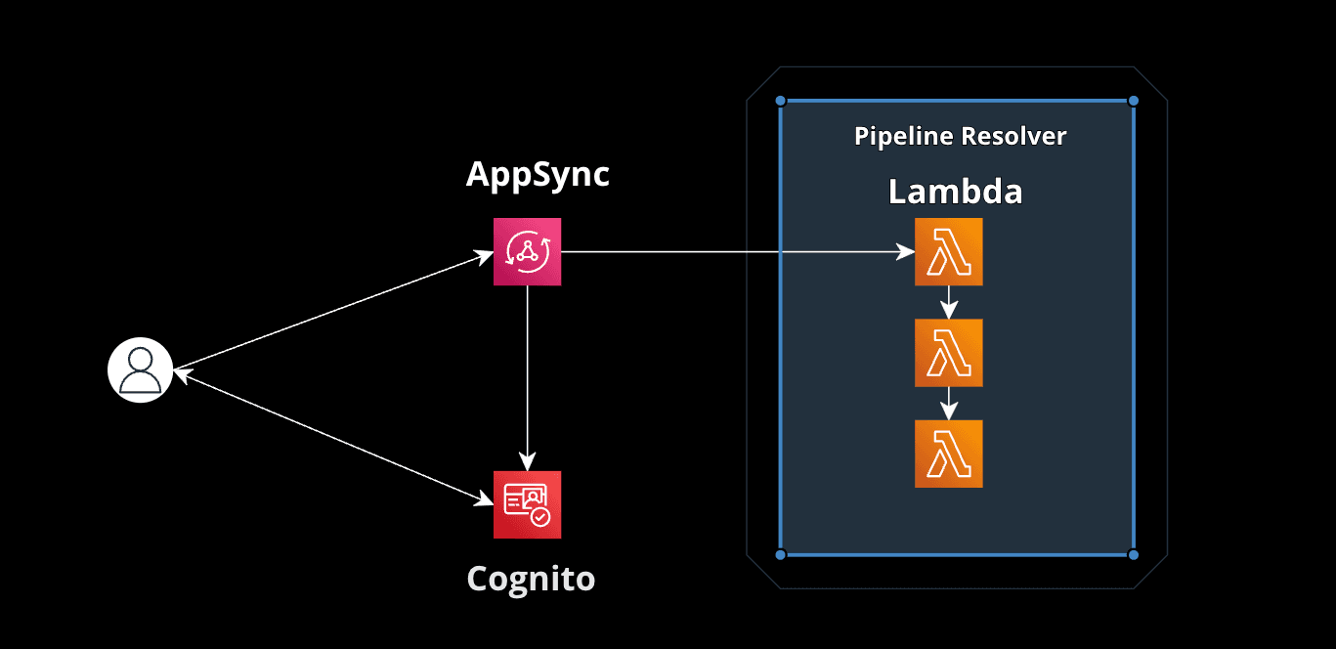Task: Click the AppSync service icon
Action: (527, 252)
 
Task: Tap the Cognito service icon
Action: (527, 504)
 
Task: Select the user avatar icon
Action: (140, 371)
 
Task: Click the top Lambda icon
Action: (948, 252)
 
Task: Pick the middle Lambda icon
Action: (948, 353)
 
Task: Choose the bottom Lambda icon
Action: (948, 454)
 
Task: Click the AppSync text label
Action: (538, 174)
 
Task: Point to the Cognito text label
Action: (531, 578)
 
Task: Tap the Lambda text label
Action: (955, 192)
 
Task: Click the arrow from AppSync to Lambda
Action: (733, 252)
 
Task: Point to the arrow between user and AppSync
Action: (332, 312)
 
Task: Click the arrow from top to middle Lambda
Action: (948, 302)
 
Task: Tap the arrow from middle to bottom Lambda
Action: (948, 403)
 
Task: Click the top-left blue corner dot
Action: (780, 101)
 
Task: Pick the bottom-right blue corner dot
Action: (1134, 554)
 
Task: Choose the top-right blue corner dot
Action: (1134, 101)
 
